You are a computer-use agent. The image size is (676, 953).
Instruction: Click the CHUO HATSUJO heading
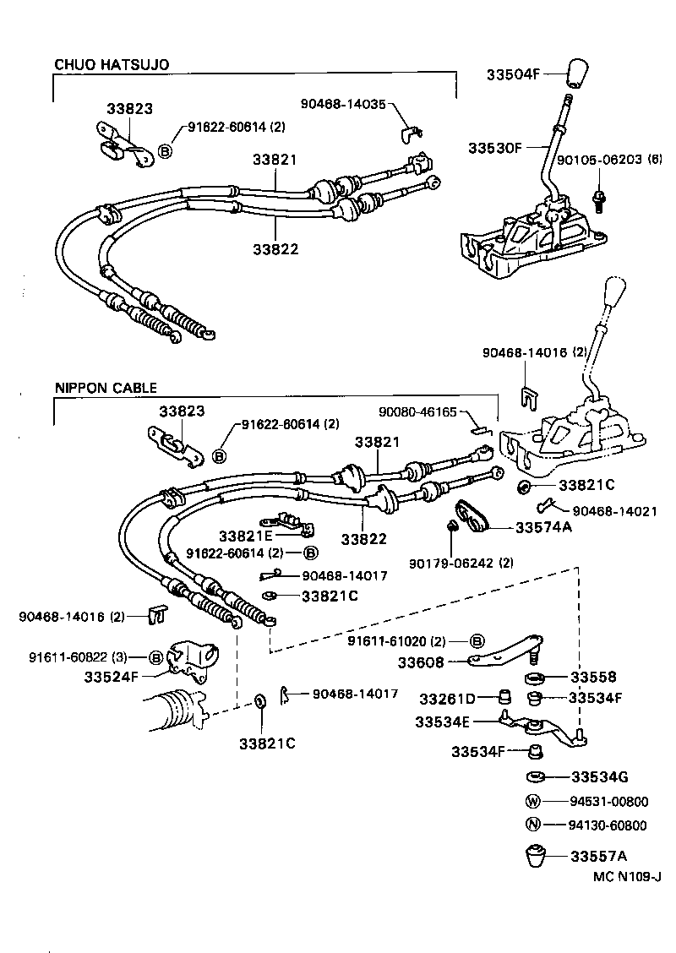pos(112,63)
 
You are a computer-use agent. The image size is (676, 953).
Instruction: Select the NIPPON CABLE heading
pos(106,389)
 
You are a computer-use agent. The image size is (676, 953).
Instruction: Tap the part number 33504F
pos(512,74)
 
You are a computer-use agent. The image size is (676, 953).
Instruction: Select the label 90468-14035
pos(342,104)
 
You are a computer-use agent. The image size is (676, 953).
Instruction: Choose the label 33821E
pos(246,536)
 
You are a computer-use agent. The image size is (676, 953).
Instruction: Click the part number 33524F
pos(111,676)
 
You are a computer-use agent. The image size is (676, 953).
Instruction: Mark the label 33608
pos(445,663)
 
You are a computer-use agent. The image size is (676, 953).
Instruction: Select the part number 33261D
pos(449,698)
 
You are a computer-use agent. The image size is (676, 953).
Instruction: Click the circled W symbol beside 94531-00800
pos(532,801)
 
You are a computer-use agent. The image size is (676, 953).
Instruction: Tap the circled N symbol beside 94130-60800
pos(532,825)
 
